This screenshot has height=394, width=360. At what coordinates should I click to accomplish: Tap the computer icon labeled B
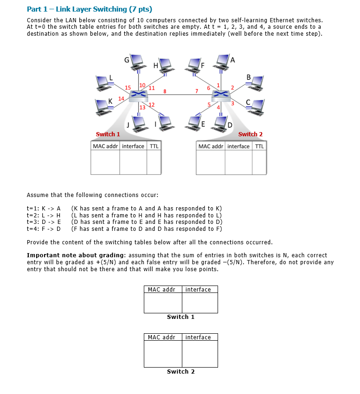click(256, 83)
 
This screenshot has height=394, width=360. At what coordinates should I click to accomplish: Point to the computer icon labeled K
click(103, 106)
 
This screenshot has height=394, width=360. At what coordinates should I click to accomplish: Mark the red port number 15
click(128, 87)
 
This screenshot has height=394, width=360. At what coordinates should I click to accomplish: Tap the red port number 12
click(152, 104)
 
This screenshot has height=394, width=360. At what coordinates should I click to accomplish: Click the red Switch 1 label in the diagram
click(108, 134)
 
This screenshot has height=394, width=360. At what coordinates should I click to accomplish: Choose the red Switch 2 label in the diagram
click(250, 134)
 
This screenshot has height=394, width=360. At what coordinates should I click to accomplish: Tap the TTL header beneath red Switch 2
click(259, 146)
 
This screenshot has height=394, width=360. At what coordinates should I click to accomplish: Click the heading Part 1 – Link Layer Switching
click(90, 9)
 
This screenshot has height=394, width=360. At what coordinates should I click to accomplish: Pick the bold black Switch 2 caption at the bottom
click(180, 372)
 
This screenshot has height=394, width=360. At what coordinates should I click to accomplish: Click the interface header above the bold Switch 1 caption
click(198, 290)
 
